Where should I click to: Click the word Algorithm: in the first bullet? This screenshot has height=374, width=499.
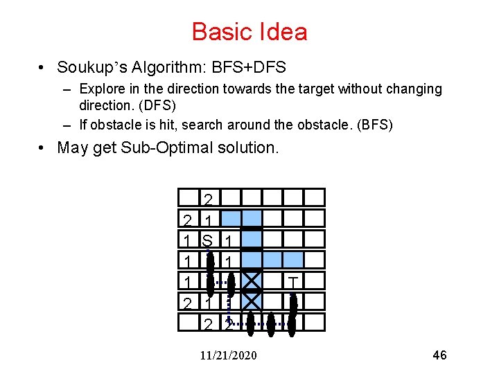click(159, 67)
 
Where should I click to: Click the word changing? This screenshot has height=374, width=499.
click(411, 89)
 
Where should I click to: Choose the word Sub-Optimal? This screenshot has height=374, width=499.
click(178, 148)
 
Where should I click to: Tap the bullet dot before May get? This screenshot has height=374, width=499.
click(43, 148)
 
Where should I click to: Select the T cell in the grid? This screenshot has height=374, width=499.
click(293, 281)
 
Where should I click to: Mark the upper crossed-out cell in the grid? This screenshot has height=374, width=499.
click(251, 281)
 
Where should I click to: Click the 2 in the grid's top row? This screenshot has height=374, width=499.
click(208, 200)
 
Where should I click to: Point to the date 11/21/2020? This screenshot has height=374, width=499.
click(228, 355)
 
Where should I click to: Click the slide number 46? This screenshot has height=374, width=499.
click(439, 355)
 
